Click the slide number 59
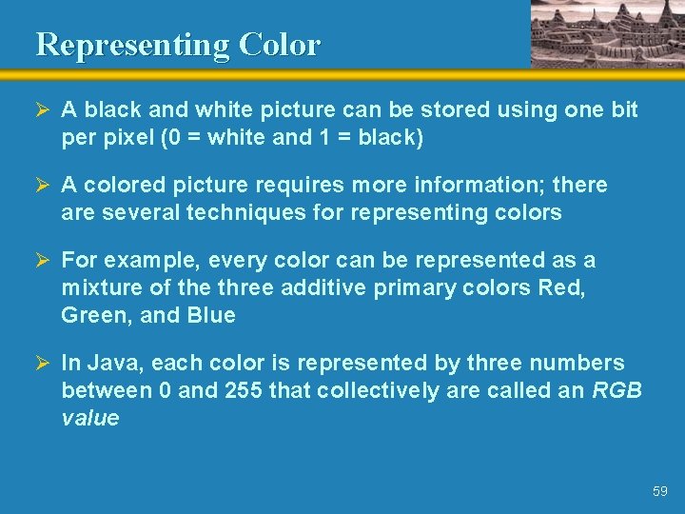(x=660, y=491)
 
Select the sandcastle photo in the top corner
(x=607, y=33)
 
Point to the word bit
(x=624, y=109)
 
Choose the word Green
(x=95, y=315)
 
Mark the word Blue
(x=210, y=315)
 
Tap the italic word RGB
(x=617, y=390)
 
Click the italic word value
(x=90, y=418)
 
